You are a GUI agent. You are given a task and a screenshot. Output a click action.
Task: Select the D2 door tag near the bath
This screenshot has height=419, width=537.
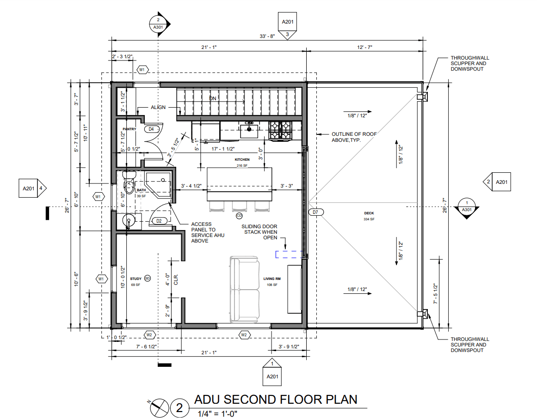pyautogui.click(x=159, y=221)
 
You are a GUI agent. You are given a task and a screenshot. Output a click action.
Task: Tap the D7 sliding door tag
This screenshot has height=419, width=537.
pyautogui.click(x=316, y=212)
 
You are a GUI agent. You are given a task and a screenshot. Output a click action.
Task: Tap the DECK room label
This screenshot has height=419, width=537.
pyautogui.click(x=369, y=213)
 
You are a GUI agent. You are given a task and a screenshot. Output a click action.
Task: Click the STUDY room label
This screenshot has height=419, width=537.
pyautogui.click(x=136, y=279)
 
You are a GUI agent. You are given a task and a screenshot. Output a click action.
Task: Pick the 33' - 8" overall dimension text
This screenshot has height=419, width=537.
pyautogui.click(x=267, y=36)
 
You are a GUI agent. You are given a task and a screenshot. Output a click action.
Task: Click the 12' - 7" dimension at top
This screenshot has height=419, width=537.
pyautogui.click(x=364, y=47)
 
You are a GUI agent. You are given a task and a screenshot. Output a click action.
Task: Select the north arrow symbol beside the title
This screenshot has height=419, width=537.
pyautogui.click(x=158, y=407)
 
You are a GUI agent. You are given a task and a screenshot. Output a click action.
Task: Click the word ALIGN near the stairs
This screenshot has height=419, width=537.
pyautogui.click(x=158, y=107)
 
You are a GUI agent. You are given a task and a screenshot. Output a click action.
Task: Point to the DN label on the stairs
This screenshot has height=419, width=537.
pyautogui.click(x=213, y=99)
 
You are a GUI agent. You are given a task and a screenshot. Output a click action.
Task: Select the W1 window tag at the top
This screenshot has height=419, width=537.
pyautogui.click(x=142, y=70)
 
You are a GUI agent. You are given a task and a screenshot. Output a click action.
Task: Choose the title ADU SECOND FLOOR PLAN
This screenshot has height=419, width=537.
pyautogui.click(x=276, y=399)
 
